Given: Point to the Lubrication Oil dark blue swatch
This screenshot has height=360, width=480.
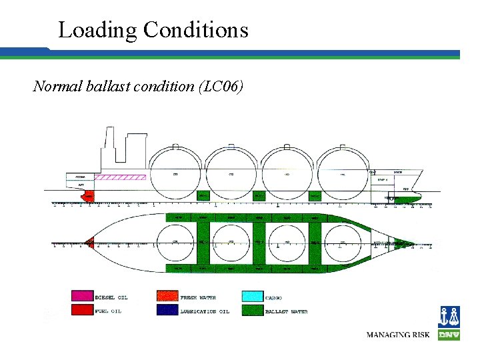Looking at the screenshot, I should (x=167, y=311).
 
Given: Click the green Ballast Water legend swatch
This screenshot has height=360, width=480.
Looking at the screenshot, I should (x=252, y=311).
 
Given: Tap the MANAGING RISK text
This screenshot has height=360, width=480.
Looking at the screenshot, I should (x=398, y=334).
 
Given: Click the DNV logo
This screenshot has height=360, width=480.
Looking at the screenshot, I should (x=449, y=323).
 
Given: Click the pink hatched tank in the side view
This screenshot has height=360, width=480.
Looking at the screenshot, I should (x=121, y=177).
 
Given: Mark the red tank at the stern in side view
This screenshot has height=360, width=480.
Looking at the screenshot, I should (x=87, y=196).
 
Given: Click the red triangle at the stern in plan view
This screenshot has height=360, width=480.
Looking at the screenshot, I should (x=90, y=243).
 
